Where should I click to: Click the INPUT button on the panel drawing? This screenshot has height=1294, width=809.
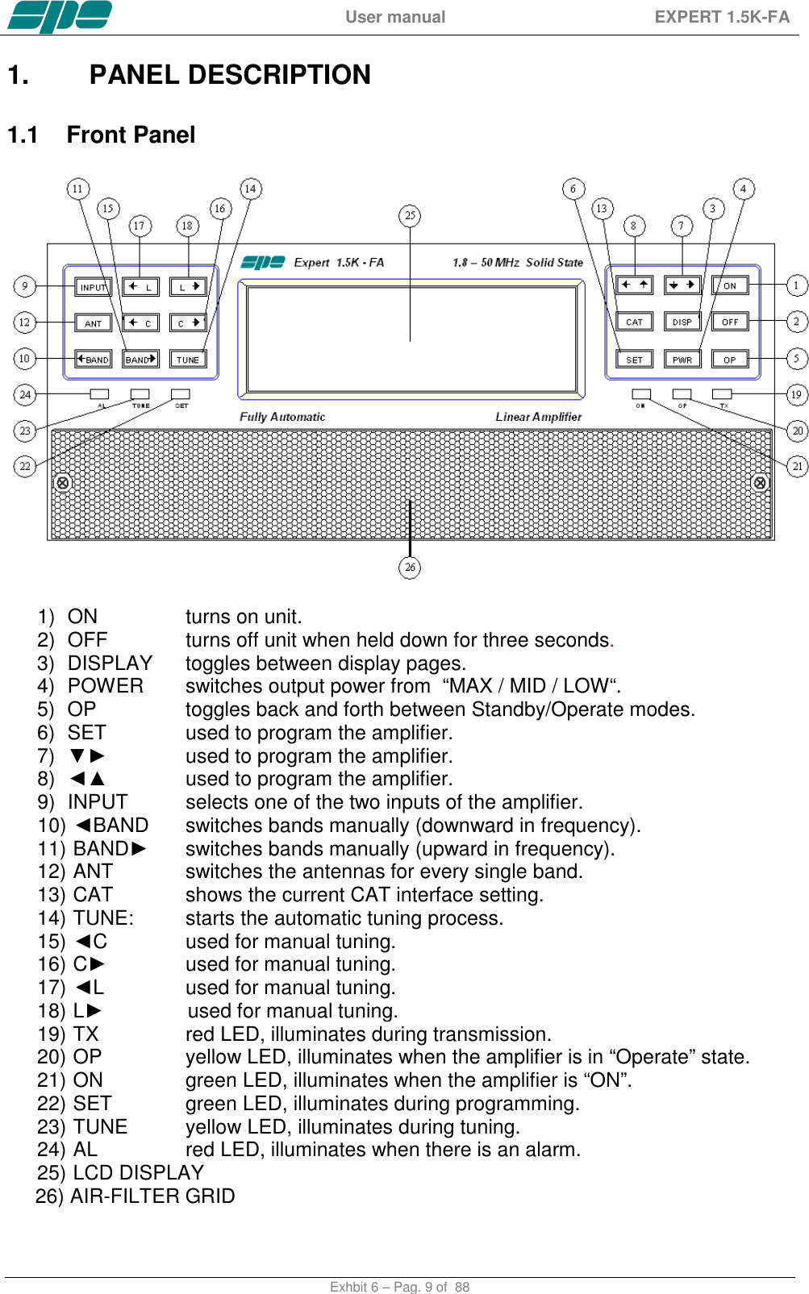93,287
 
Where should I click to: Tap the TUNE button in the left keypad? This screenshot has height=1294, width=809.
187,360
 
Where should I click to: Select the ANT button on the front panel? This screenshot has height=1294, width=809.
93,323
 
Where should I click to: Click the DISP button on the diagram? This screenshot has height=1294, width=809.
682,322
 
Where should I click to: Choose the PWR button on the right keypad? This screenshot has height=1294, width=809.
682,360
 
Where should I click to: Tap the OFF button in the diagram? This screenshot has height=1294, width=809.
730,322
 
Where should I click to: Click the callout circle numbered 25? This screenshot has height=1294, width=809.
410,215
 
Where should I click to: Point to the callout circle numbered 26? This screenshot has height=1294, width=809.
410,568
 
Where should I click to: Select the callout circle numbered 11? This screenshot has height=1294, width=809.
77,189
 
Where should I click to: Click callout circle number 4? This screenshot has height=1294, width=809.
743,189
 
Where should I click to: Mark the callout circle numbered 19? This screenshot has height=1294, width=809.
796,394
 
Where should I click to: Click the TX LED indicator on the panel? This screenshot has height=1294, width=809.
722,394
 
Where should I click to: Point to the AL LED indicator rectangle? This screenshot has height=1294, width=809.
100,394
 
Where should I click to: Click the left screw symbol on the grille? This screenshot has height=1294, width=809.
63,483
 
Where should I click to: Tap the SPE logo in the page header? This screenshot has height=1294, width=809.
60,16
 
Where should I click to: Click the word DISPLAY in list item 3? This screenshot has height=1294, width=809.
111,664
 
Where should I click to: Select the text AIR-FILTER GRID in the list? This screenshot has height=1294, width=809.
152,1196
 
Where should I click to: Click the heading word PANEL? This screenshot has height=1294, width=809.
134,75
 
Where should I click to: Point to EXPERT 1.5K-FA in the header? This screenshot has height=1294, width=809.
722,17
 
